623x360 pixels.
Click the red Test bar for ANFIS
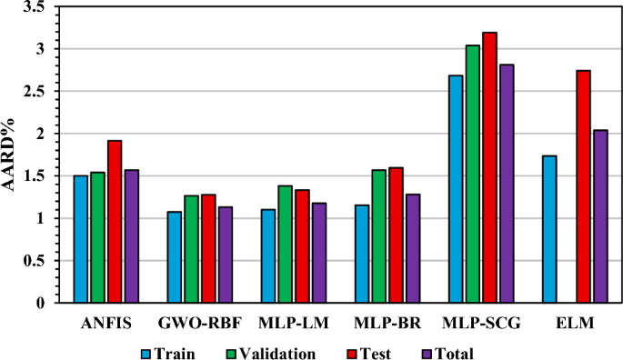(115, 222)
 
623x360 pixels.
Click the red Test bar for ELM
(583, 186)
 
